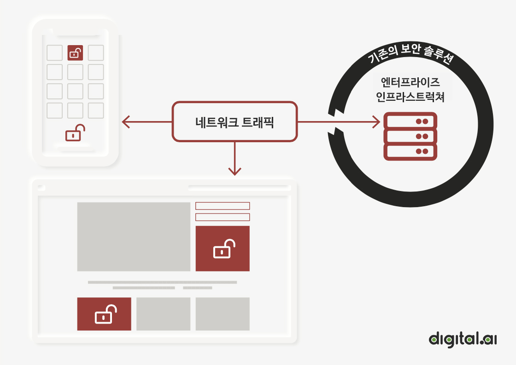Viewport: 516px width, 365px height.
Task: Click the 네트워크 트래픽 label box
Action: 235,122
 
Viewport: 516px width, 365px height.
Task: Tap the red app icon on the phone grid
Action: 75,53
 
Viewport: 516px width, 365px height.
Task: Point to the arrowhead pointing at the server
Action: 376,122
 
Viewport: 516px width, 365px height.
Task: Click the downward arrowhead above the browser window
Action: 235,171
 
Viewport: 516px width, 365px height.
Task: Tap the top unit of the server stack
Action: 410,121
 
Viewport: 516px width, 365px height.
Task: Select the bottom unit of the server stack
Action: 410,151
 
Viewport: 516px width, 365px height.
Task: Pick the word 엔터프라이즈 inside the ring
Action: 410,83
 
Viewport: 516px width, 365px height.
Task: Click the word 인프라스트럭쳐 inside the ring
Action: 410,98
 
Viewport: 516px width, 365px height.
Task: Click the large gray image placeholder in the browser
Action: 134,237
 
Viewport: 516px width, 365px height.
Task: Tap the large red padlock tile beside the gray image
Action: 223,249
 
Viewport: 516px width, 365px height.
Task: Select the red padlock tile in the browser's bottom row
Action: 104,314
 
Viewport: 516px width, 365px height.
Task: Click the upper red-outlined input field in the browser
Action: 223,206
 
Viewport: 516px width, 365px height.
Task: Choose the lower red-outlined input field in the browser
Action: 223,217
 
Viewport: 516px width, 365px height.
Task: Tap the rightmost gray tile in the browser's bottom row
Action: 223,314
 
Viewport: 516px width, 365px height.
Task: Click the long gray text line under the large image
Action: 162,282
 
